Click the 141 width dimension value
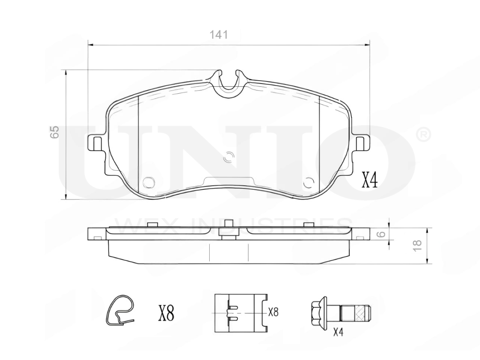pos(219,34)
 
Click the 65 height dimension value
pos(54,132)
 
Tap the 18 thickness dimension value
pos(417,246)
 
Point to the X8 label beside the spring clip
pos(166,313)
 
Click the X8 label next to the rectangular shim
pos(273,312)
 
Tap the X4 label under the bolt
pos(338,333)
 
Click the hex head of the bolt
pos(316,313)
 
